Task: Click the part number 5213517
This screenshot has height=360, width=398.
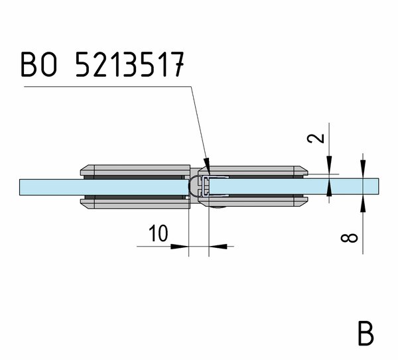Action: click(130, 64)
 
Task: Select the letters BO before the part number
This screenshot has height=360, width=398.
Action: click(38, 64)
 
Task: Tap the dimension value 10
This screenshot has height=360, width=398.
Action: click(158, 233)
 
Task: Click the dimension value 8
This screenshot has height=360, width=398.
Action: click(349, 238)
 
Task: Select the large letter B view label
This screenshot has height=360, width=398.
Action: click(365, 333)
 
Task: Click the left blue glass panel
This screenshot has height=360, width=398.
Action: click(104, 187)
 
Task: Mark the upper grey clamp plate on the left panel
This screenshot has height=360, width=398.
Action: click(135, 170)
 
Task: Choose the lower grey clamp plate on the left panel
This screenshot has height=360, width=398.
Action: click(135, 204)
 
